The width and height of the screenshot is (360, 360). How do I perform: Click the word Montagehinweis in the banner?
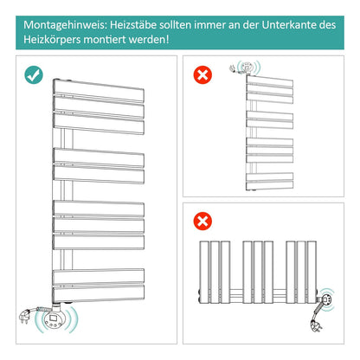[65, 25]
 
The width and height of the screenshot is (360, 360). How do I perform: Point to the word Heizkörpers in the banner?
[52, 39]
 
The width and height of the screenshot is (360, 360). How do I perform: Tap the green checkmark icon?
[34, 75]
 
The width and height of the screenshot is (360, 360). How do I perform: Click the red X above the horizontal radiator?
[202, 222]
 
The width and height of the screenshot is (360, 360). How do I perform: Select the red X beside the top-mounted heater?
[202, 75]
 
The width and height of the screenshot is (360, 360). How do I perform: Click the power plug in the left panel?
[24, 316]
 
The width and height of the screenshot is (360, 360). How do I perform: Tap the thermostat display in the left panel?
[54, 318]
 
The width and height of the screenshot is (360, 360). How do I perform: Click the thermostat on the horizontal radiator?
[325, 299]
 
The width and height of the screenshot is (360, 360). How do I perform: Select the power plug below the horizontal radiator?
[315, 325]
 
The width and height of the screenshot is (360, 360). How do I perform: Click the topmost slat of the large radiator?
[99, 90]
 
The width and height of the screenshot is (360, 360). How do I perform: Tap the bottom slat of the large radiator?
[99, 293]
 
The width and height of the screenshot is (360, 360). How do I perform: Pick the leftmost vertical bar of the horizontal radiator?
[204, 272]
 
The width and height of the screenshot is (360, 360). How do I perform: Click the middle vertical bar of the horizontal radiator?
[258, 272]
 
